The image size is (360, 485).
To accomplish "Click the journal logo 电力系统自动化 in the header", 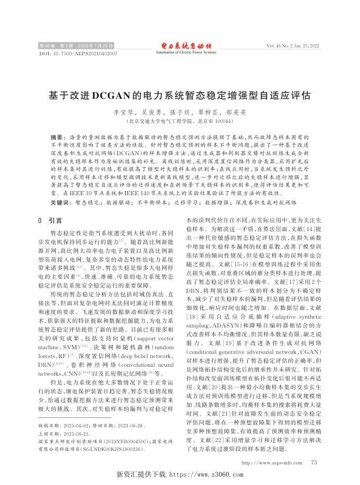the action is [x=180, y=45].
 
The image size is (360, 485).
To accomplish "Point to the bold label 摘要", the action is [x=56, y=135].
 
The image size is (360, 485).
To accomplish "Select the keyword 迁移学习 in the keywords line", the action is [x=188, y=201].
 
